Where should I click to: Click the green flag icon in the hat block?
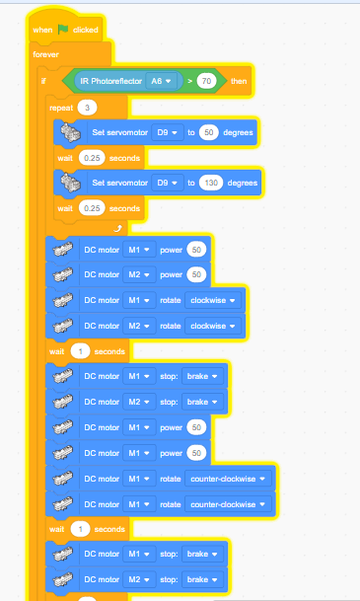click(x=63, y=30)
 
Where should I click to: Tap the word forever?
click(x=46, y=54)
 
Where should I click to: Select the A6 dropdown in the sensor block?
click(x=161, y=81)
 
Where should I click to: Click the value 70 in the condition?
click(x=206, y=81)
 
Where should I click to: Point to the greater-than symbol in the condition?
click(x=189, y=81)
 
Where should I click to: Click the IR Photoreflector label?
click(x=111, y=81)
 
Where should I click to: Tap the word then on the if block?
click(x=239, y=81)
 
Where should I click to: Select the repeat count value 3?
click(x=87, y=108)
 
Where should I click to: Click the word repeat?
click(x=61, y=109)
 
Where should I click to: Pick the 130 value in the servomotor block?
click(x=211, y=183)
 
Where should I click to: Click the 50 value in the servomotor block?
click(x=209, y=132)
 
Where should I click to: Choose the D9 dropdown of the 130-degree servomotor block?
click(x=168, y=183)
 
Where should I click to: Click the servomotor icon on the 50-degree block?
click(x=71, y=132)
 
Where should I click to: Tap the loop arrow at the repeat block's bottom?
click(x=118, y=229)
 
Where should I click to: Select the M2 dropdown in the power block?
click(x=139, y=274)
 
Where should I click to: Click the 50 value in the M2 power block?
click(x=196, y=274)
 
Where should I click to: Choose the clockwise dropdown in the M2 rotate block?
click(x=213, y=327)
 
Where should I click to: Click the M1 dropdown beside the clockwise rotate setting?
click(x=139, y=300)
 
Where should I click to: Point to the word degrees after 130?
click(x=243, y=183)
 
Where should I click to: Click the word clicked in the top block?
click(x=86, y=30)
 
